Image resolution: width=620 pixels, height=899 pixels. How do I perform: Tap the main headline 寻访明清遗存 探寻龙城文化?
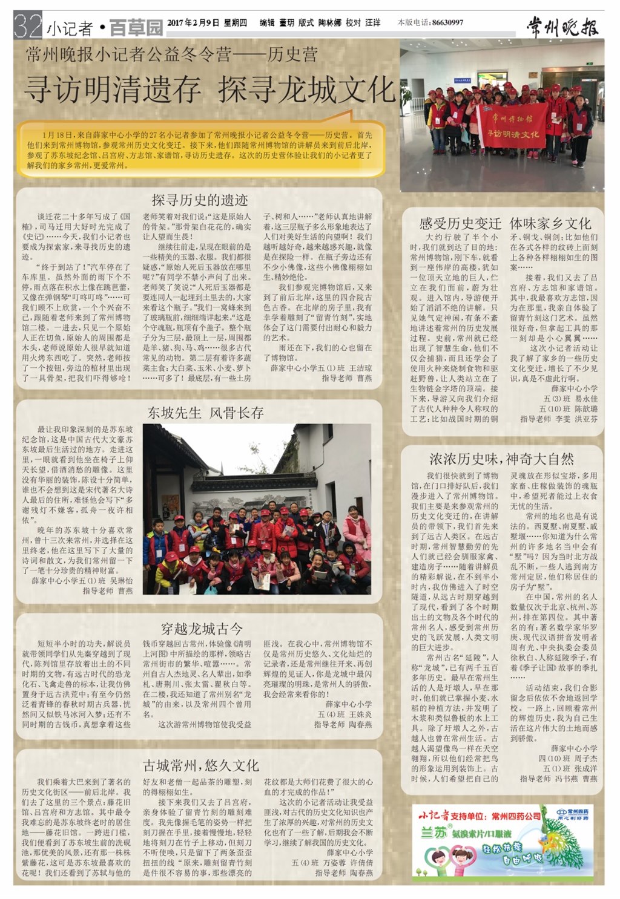tap(209, 90)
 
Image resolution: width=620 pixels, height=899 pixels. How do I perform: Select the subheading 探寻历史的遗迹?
tap(199, 200)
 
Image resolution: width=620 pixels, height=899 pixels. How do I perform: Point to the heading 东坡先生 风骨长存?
tap(206, 413)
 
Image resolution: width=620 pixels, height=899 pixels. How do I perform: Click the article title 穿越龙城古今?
tap(202, 628)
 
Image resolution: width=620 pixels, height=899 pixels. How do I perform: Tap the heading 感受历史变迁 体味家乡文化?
tap(505, 223)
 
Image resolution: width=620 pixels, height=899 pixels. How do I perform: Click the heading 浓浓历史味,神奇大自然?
tap(502, 459)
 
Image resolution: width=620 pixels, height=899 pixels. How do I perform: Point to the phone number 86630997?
tap(447, 22)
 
